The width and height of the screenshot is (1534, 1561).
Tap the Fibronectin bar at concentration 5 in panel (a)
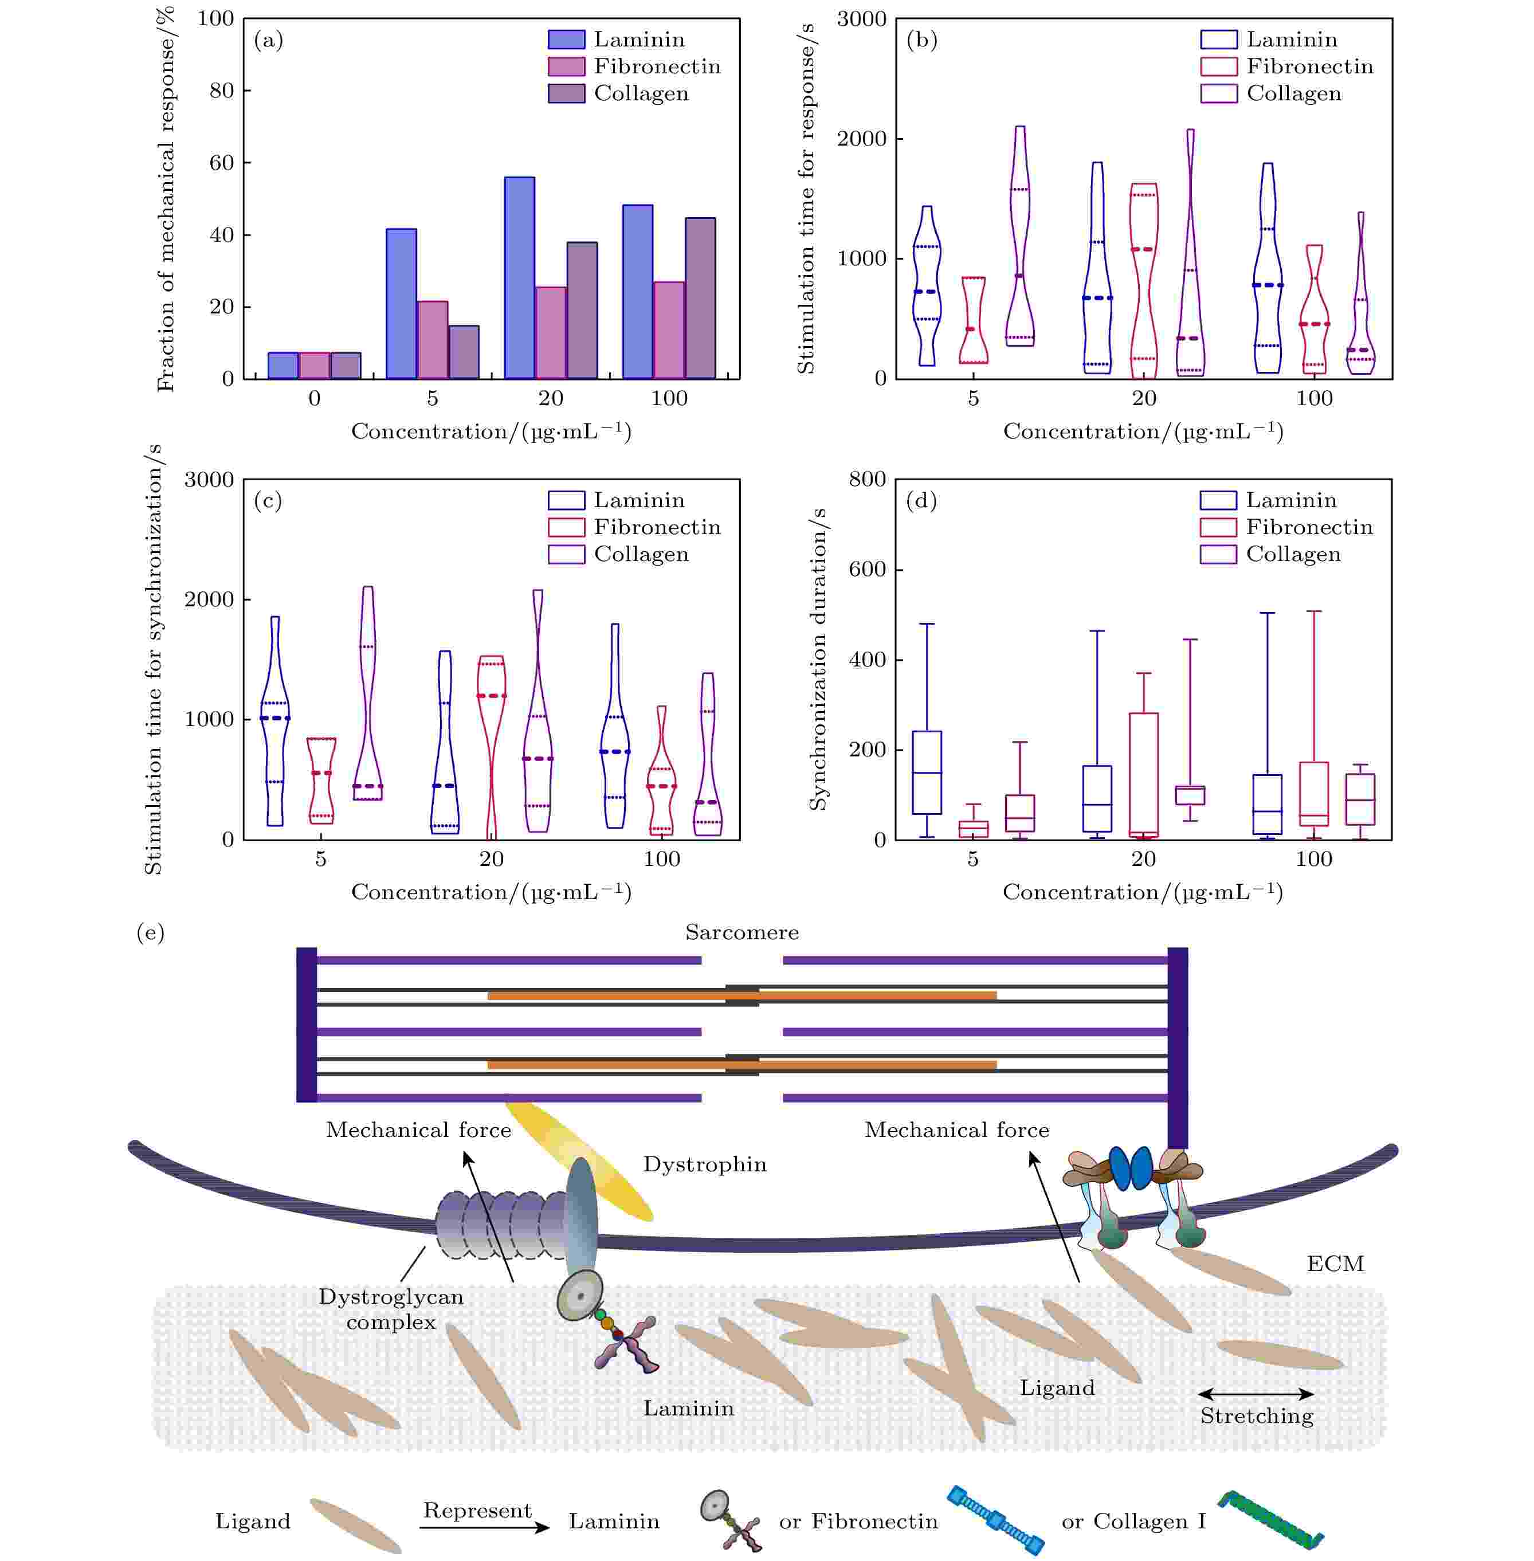(433, 339)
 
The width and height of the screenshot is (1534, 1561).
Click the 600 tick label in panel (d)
(867, 569)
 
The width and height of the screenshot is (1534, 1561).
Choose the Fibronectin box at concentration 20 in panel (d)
(1143, 774)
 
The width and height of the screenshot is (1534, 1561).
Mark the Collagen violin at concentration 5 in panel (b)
(1019, 242)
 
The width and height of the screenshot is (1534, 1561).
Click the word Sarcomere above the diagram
(742, 932)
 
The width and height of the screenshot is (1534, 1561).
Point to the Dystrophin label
(704, 1164)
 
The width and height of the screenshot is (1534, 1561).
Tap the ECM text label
(1335, 1263)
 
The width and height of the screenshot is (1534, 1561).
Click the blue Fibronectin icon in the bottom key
(996, 1519)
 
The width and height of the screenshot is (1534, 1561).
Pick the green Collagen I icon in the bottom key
(1270, 1518)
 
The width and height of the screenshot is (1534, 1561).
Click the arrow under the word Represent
(484, 1527)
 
